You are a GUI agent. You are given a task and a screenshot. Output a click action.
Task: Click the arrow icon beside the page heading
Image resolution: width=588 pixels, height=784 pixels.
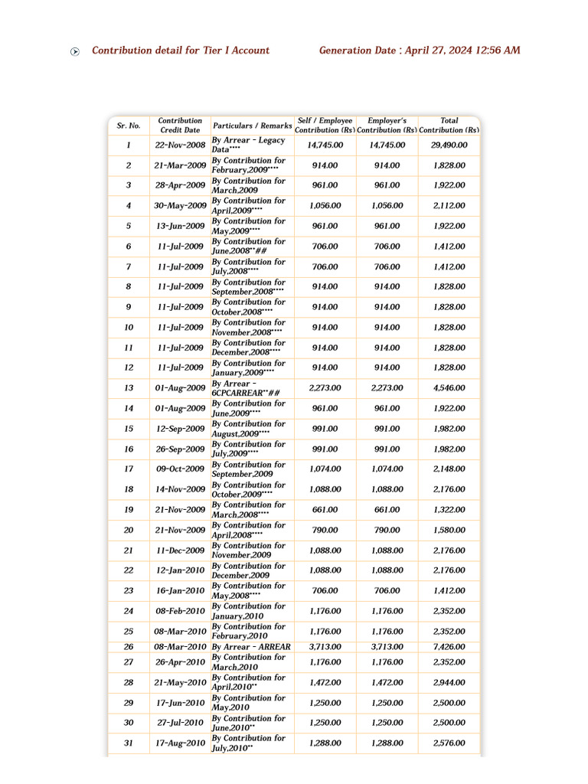click(x=74, y=51)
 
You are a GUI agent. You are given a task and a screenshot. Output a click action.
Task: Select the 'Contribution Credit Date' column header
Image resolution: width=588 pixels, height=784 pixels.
click(x=180, y=126)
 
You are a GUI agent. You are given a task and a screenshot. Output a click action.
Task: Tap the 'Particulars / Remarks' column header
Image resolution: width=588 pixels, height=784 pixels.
click(x=252, y=126)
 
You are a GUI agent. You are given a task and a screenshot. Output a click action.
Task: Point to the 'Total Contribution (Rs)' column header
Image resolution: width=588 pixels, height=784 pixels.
click(x=449, y=126)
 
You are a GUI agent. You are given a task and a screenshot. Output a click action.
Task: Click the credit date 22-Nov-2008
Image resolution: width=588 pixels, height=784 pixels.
click(x=180, y=145)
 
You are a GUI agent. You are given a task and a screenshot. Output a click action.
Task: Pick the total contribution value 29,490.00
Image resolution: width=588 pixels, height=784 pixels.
click(x=449, y=145)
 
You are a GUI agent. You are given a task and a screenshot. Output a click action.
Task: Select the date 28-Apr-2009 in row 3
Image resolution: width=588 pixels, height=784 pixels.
click(x=180, y=185)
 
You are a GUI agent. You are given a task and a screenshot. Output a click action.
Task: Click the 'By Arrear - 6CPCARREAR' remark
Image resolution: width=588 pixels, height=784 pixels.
click(x=245, y=388)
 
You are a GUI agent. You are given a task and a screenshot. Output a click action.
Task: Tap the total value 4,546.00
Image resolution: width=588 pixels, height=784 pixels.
click(x=449, y=388)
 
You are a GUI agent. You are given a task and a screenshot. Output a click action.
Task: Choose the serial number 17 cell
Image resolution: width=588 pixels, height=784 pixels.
click(x=128, y=469)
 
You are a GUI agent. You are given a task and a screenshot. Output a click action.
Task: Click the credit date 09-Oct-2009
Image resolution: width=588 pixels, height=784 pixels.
click(x=180, y=469)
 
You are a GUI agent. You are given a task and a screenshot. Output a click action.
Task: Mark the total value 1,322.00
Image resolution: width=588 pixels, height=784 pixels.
click(x=449, y=510)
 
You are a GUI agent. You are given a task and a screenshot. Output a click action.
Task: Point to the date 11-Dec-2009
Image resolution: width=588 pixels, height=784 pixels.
click(x=180, y=550)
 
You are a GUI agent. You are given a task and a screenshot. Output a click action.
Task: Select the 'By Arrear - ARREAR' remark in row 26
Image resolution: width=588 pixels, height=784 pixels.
click(x=251, y=647)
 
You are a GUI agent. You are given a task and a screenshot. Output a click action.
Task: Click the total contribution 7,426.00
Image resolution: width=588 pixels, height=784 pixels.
click(x=449, y=647)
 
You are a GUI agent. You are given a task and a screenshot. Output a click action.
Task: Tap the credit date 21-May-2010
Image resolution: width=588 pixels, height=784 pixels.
click(x=180, y=683)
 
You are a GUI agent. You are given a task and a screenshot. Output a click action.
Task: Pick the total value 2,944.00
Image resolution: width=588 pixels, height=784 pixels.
click(x=449, y=683)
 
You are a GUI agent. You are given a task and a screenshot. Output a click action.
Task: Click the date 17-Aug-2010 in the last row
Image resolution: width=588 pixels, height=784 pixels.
click(x=180, y=743)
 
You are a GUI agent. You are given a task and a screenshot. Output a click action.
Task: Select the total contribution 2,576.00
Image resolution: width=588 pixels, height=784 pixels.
click(x=449, y=743)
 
